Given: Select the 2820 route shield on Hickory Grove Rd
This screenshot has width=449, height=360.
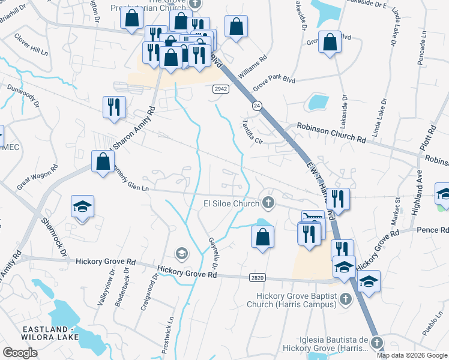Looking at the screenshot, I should tap(257, 277).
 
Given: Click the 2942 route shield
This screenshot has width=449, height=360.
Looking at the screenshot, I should tap(219, 89).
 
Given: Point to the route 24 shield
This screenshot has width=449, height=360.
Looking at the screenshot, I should tap(256, 106).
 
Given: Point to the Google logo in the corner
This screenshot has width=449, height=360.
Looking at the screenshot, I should tap(20, 353).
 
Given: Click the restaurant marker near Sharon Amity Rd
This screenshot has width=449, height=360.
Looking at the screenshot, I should tap(114, 107).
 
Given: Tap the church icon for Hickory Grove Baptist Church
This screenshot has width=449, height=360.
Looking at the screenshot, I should tap(345, 298).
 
